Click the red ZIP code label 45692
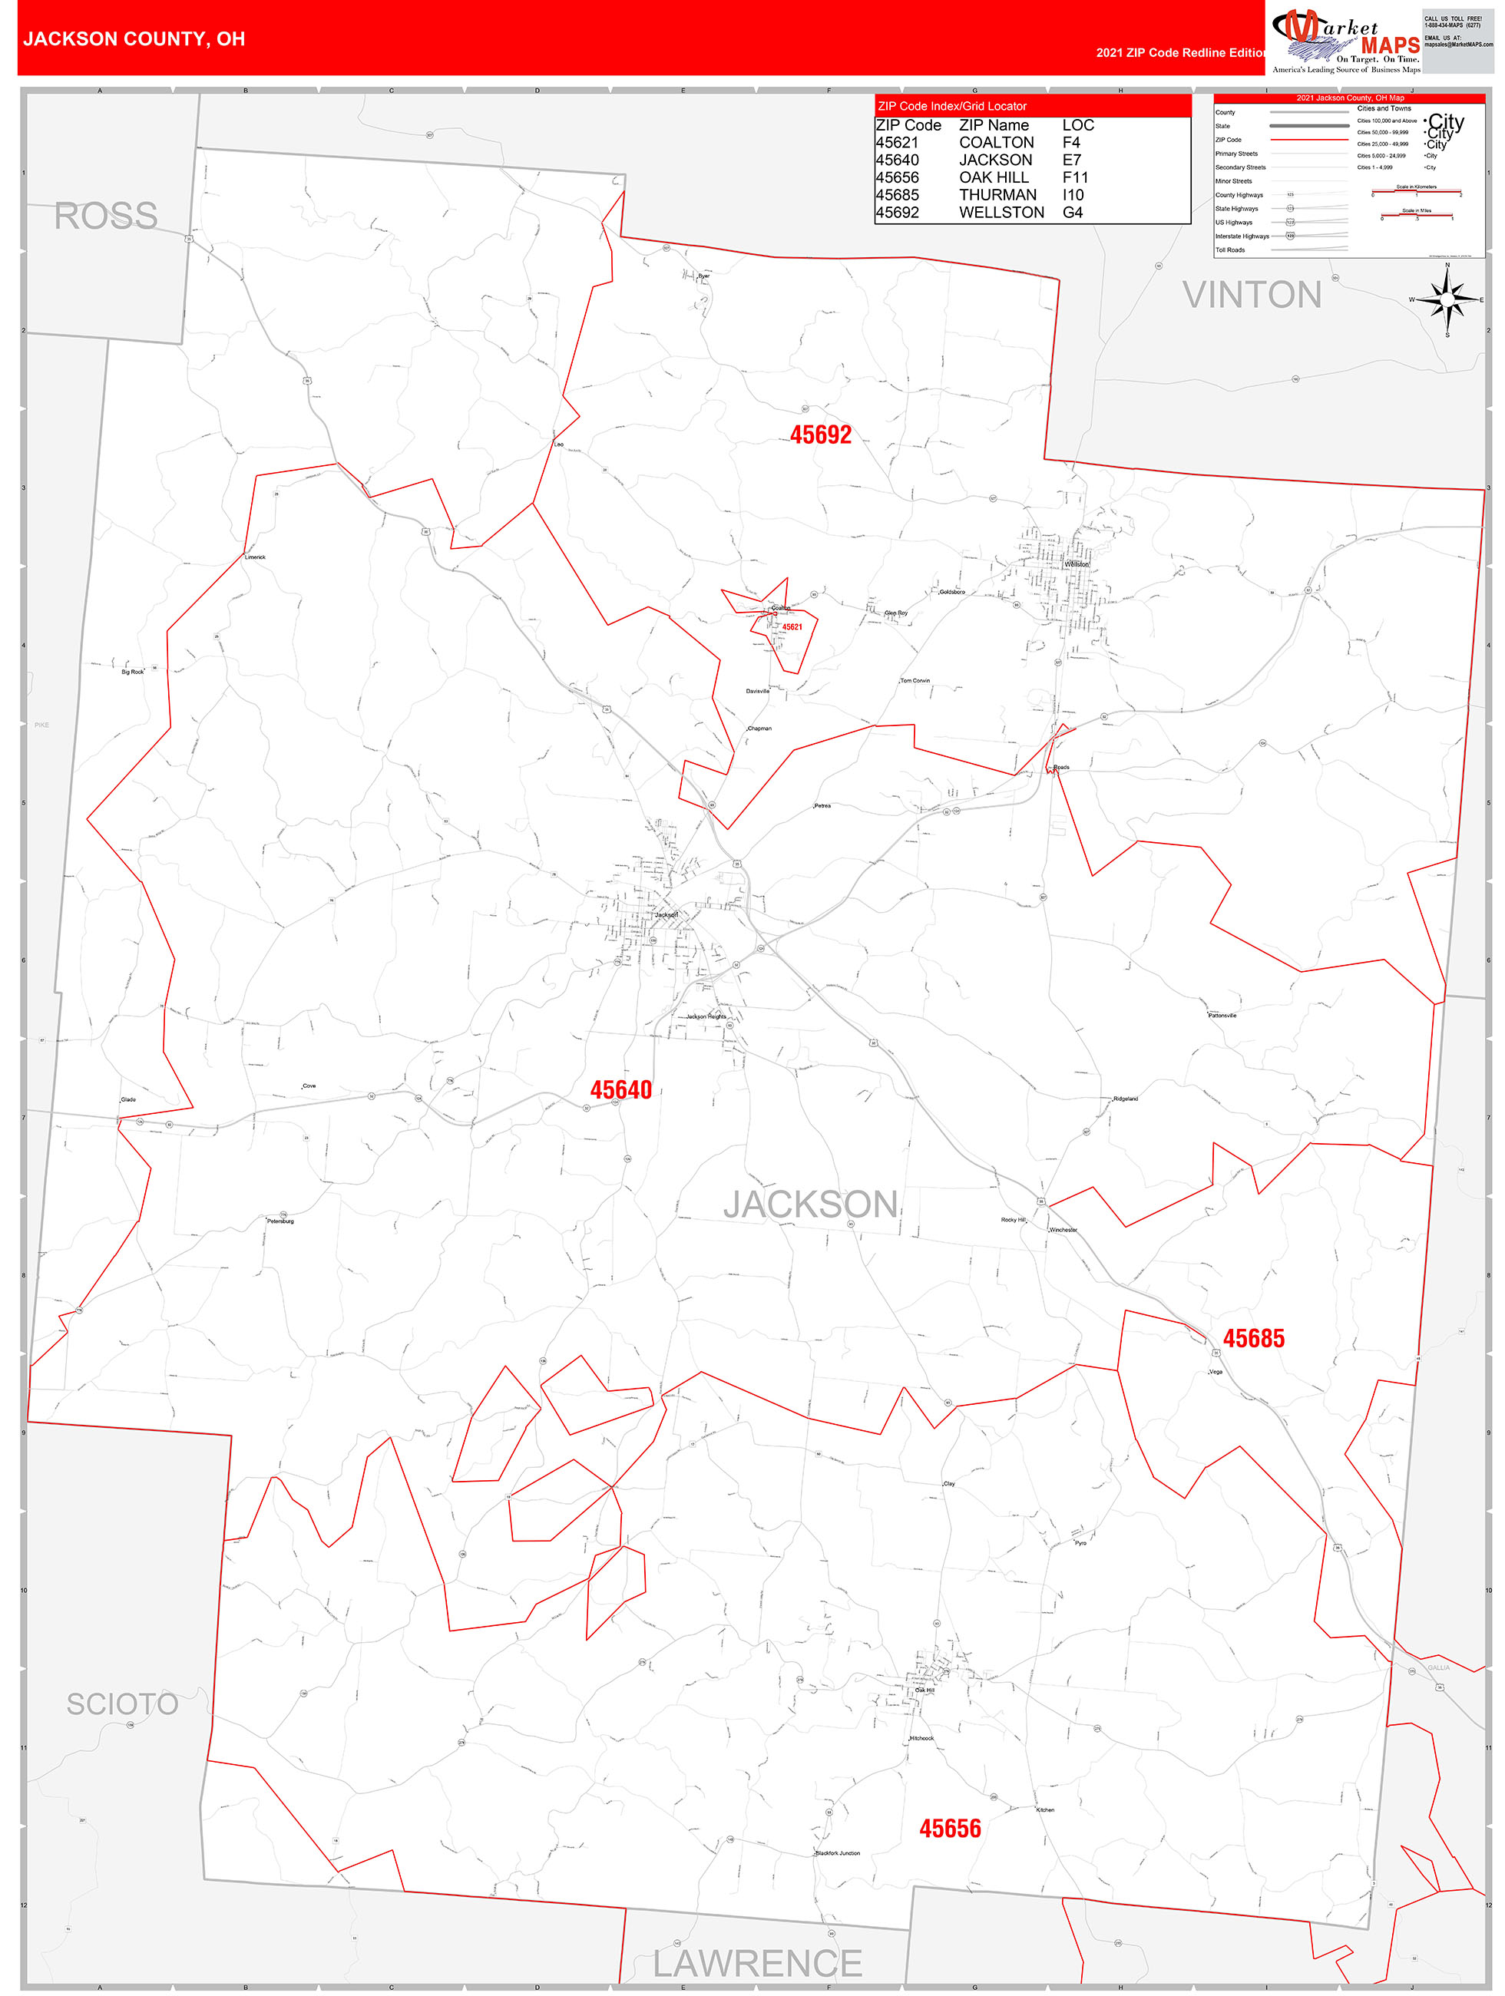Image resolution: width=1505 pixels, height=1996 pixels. coord(820,435)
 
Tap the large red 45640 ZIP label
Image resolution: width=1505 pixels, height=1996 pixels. coord(620,1090)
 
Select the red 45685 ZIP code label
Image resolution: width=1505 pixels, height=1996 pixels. coord(1253,1338)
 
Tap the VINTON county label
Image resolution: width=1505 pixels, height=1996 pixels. coord(1252,295)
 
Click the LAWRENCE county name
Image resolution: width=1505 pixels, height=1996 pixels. coord(757,1963)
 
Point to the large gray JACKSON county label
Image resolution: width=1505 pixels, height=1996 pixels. coord(810,1205)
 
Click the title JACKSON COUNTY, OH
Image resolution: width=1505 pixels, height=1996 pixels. coord(134,39)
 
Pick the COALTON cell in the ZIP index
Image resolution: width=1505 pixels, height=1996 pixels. coord(996,143)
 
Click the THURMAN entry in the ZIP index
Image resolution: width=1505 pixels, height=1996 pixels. coord(997,195)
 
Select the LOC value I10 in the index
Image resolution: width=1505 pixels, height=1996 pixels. coord(1072,195)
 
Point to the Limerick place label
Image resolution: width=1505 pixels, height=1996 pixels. coord(256,557)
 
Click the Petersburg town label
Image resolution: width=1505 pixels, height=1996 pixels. coord(279,1221)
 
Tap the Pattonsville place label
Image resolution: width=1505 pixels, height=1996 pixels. coord(1222,1015)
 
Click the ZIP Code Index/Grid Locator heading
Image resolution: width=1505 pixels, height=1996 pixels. coord(952,107)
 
